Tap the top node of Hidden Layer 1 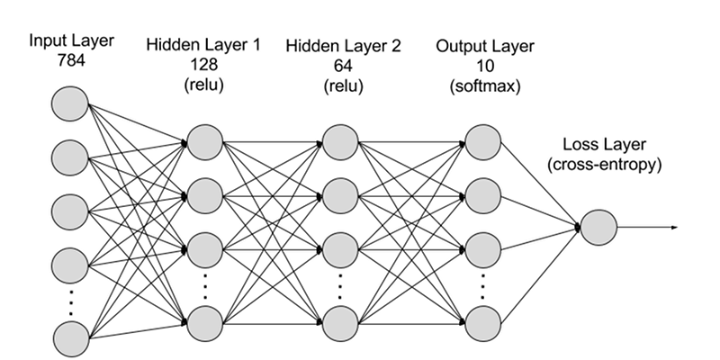click(204, 139)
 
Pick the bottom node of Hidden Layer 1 click(204, 321)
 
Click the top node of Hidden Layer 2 click(340, 139)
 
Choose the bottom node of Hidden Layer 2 click(340, 321)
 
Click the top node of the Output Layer click(482, 139)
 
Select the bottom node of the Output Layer click(482, 321)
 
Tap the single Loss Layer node click(598, 227)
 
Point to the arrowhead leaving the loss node click(672, 227)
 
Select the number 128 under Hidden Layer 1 click(205, 65)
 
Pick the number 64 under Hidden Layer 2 click(339, 65)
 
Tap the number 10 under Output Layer click(482, 65)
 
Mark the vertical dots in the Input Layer click(71, 300)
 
